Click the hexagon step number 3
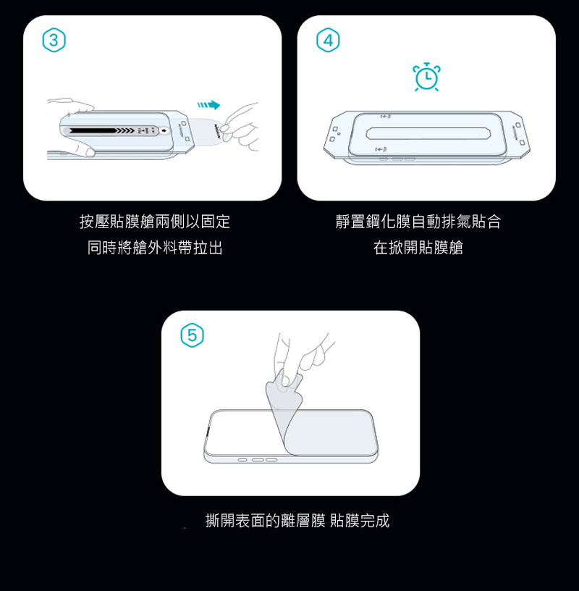click(54, 40)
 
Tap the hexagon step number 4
click(328, 40)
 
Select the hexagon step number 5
click(192, 335)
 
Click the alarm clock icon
click(426, 77)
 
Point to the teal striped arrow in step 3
click(208, 105)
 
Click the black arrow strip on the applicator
click(102, 130)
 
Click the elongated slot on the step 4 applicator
click(428, 133)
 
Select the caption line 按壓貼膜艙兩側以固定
click(155, 221)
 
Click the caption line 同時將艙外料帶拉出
click(155, 248)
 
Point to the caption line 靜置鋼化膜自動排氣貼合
click(418, 221)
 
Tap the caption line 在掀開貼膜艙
click(418, 248)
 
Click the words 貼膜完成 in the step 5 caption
click(360, 521)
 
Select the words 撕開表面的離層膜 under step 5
click(265, 521)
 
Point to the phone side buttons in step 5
click(258, 460)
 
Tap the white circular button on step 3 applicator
click(164, 130)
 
